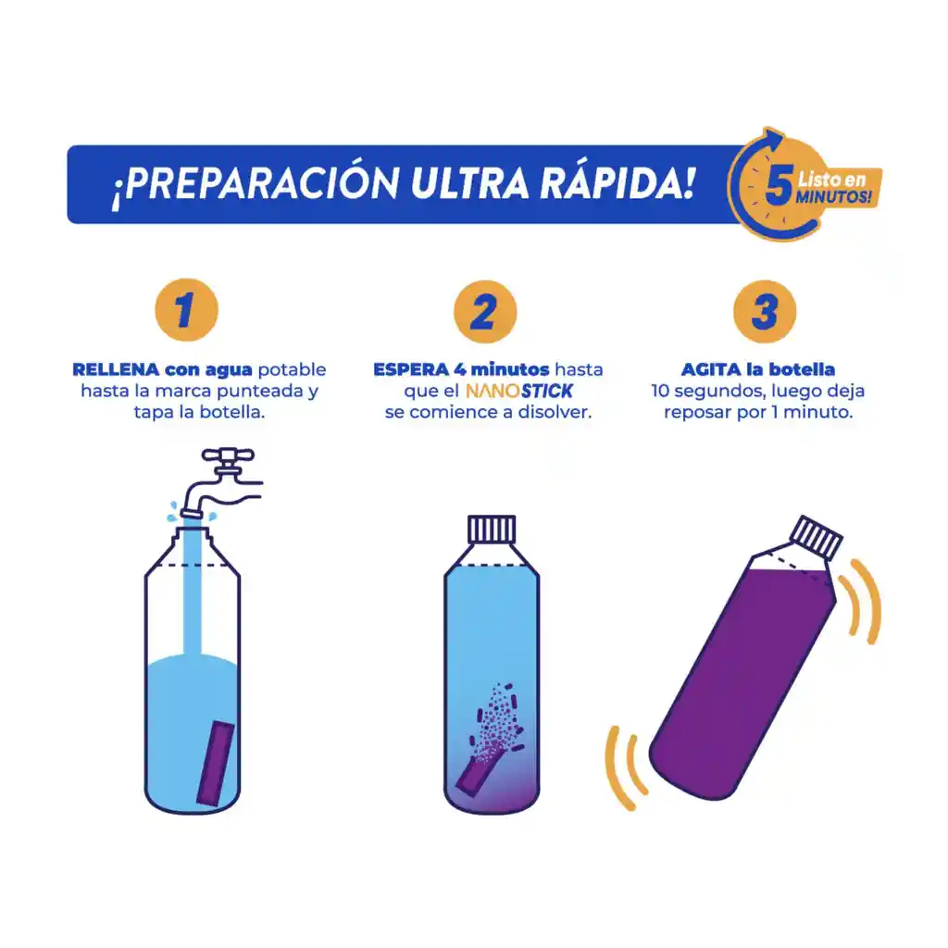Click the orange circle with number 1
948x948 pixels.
coord(185,312)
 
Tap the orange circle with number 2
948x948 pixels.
coord(484,312)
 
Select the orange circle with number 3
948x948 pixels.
coord(765,312)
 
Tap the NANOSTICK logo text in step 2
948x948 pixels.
coord(518,391)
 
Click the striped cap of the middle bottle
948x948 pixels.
coord(491,530)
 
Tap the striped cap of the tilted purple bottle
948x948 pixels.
coord(816,540)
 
